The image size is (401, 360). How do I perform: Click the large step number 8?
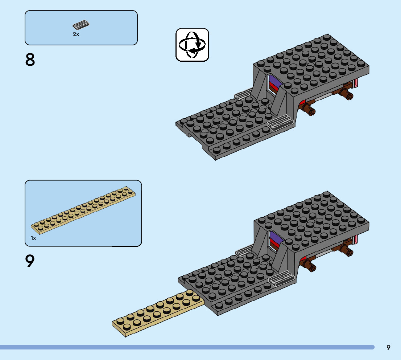30,60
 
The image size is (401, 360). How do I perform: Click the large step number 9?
30,261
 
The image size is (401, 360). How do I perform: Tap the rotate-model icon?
193,45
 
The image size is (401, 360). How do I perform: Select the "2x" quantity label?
76,34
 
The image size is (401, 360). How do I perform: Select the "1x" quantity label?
33,238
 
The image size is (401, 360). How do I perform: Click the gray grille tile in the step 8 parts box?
81,25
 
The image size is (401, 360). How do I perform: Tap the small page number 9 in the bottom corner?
388,347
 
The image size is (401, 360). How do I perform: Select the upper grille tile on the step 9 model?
244,250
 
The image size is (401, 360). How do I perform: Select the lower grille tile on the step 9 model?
281,278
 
